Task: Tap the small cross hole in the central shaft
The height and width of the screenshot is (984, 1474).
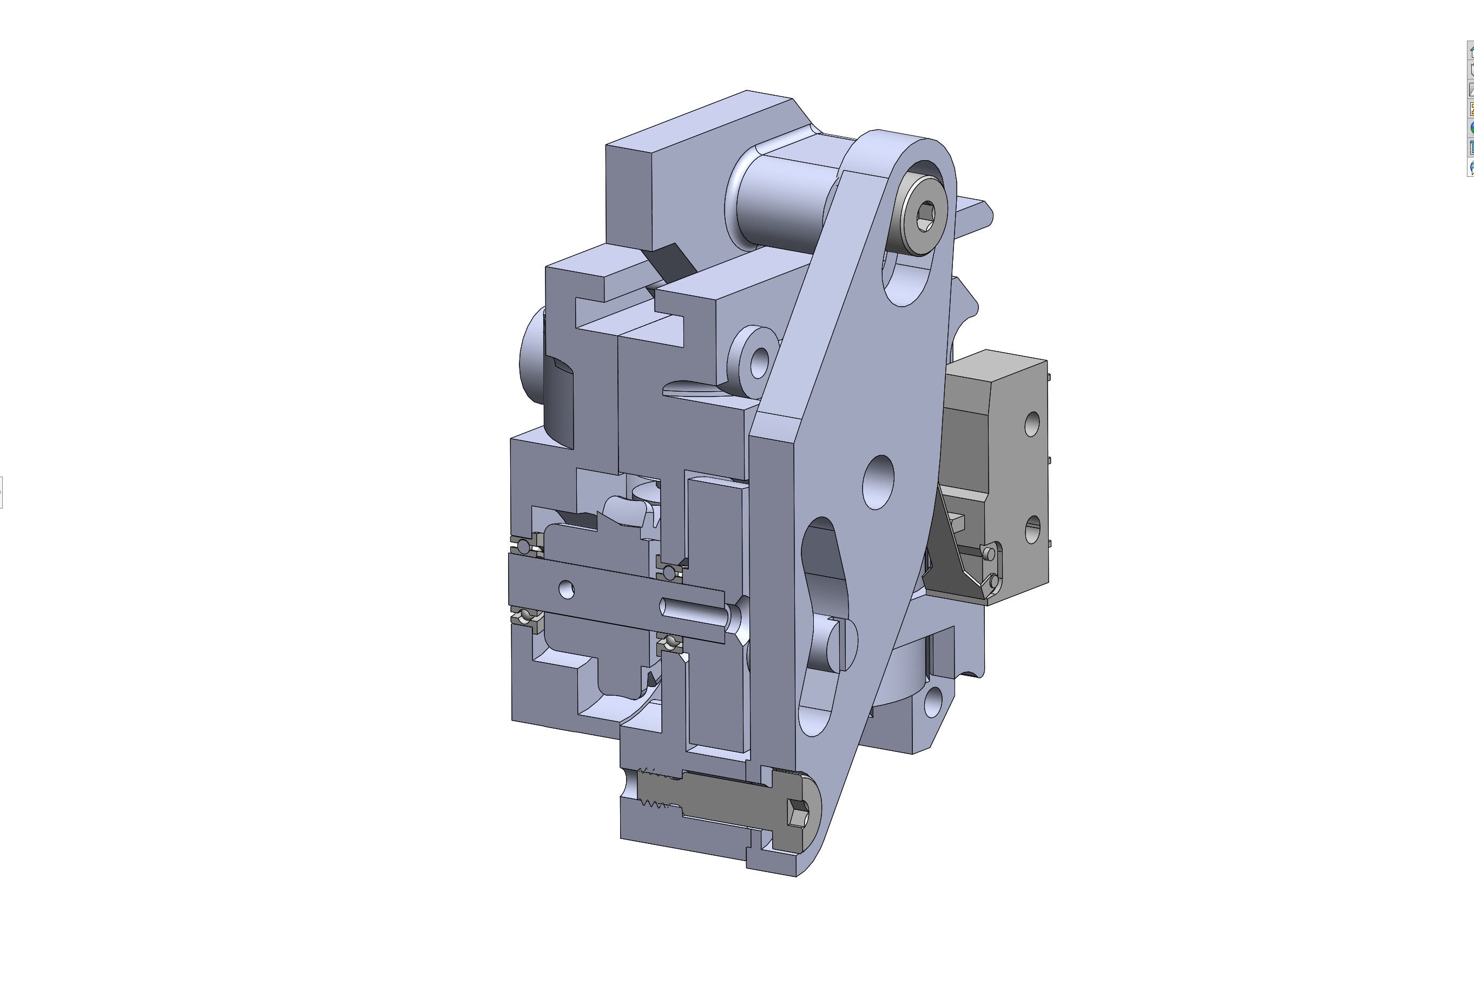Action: (566, 589)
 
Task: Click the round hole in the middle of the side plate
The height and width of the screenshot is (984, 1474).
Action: (878, 482)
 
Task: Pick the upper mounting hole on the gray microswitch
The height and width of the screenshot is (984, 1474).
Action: (1031, 424)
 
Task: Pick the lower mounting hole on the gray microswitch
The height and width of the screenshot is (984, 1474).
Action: (1031, 530)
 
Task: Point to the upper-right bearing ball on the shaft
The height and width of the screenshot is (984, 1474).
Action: (670, 572)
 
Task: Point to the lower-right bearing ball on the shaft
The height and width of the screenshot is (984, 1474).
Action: (671, 642)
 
